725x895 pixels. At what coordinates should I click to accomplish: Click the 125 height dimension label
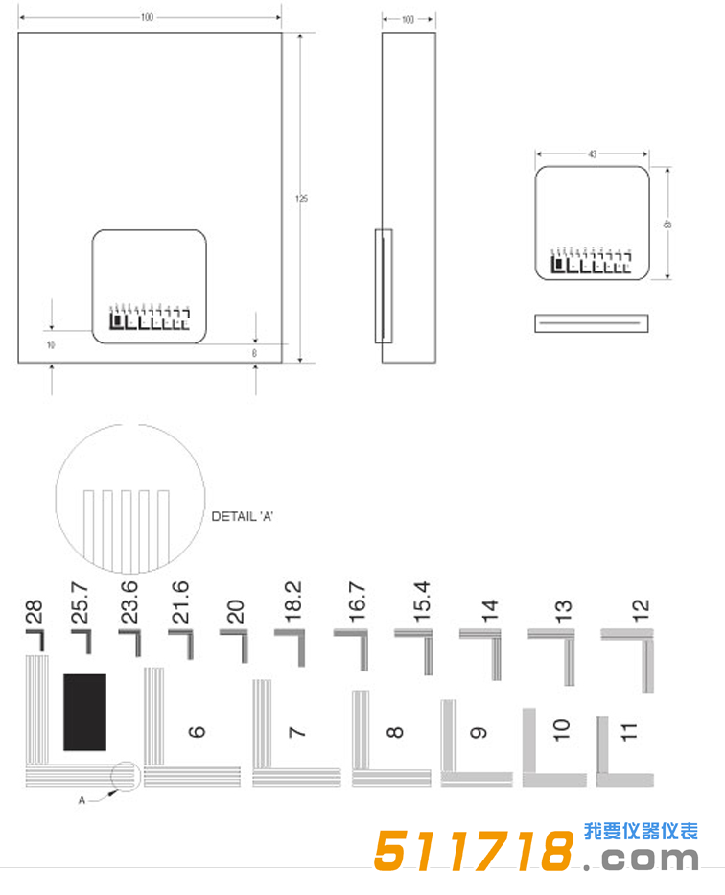301,199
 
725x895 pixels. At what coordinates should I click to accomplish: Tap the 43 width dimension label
592,153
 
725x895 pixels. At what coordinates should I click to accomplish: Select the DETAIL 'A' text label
243,516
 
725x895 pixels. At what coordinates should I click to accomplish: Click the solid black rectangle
84,712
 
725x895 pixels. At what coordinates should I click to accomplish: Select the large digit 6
197,732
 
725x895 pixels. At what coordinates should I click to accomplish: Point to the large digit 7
297,732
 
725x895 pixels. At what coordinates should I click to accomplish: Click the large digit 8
394,732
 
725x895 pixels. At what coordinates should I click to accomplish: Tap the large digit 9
480,732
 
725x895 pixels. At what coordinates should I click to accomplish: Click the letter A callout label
82,798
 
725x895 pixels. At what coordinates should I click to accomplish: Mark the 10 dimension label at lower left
50,342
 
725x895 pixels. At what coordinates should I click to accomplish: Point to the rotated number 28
34,611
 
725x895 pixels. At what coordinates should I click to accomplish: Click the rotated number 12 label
641,607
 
